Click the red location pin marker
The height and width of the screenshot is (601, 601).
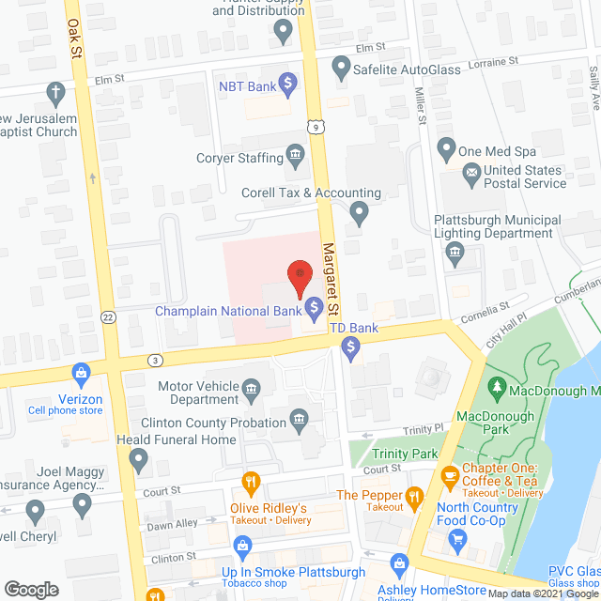pos(299,274)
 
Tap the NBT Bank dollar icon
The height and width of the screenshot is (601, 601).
pos(288,85)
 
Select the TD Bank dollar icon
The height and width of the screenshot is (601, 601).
pos(351,349)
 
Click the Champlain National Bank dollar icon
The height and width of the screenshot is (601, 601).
pos(314,307)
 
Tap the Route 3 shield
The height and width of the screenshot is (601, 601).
pos(154,360)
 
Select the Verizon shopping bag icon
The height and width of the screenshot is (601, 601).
pos(82,374)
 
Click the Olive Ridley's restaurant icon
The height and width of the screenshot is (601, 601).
pos(251,485)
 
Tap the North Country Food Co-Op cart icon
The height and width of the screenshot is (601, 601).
pos(458,538)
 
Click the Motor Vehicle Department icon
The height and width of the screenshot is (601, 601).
pos(251,388)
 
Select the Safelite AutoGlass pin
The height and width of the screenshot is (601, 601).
pos(340,67)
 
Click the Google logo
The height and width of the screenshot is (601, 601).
pos(30,589)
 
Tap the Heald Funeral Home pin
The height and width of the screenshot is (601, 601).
pos(139,461)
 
